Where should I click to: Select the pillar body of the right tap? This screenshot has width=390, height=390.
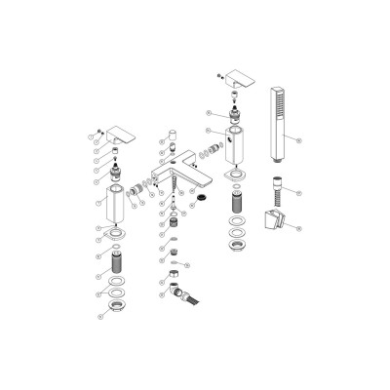pos(235,146)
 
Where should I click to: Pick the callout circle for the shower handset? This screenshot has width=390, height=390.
pos(299,141)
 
